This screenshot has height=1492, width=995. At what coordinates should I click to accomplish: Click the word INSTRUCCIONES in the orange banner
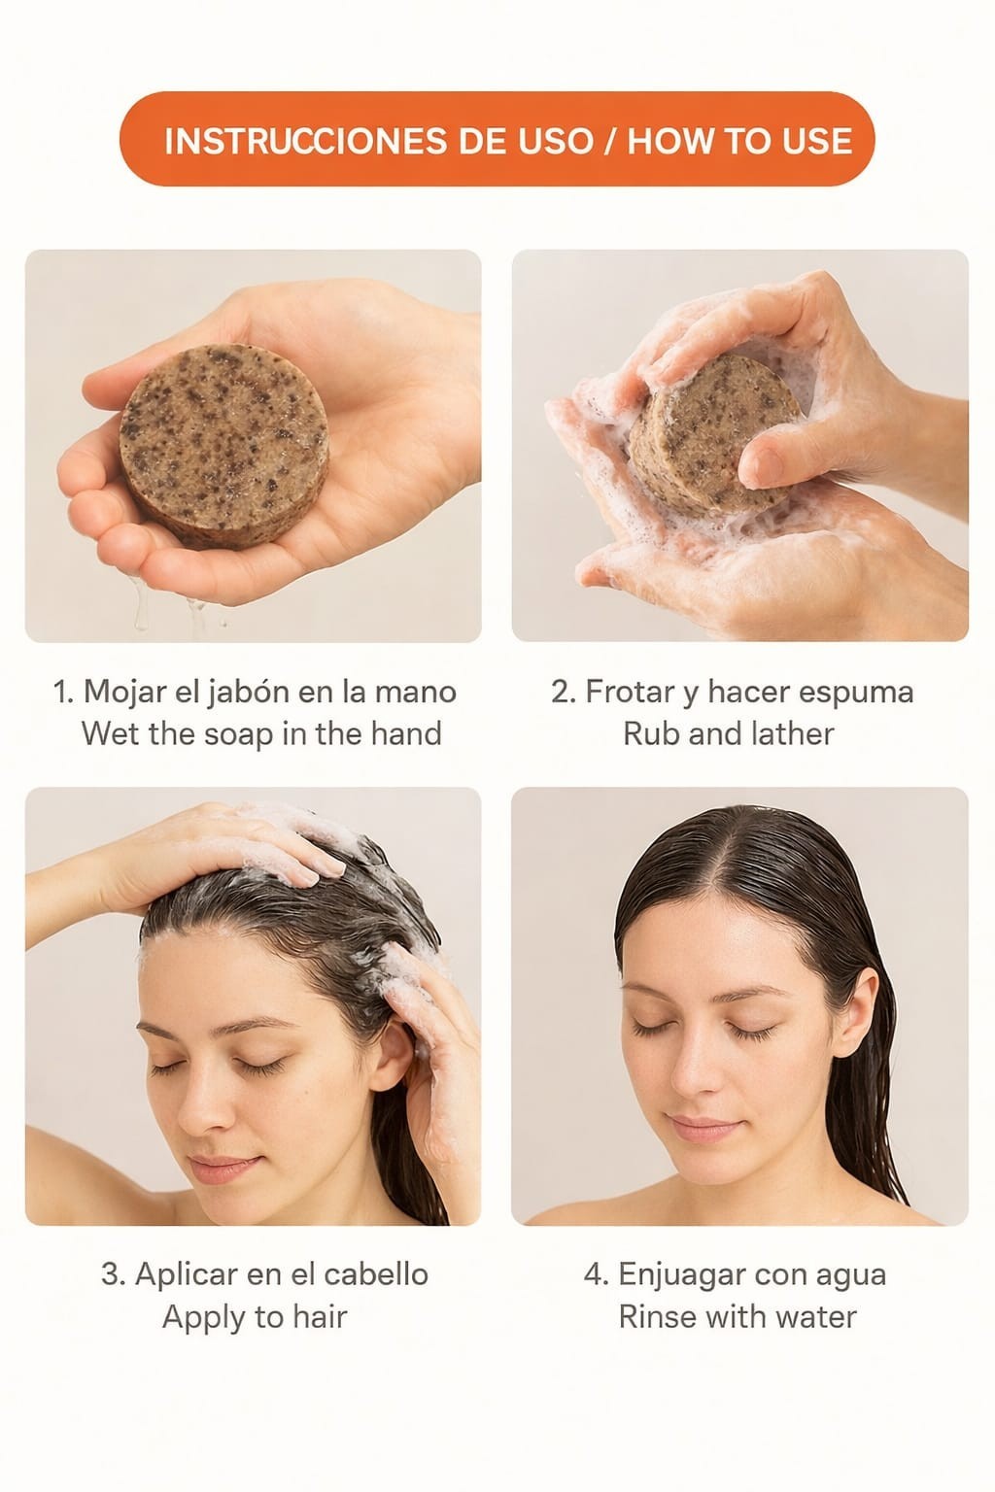coord(305,141)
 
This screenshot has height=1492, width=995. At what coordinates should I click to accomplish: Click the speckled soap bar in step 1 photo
coord(223,446)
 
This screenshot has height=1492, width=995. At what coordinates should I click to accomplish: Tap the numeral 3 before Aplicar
coord(110,1274)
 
